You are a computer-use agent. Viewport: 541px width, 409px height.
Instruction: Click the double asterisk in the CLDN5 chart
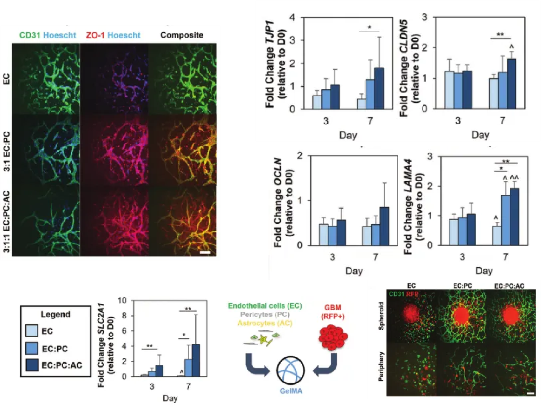coord(500,35)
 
